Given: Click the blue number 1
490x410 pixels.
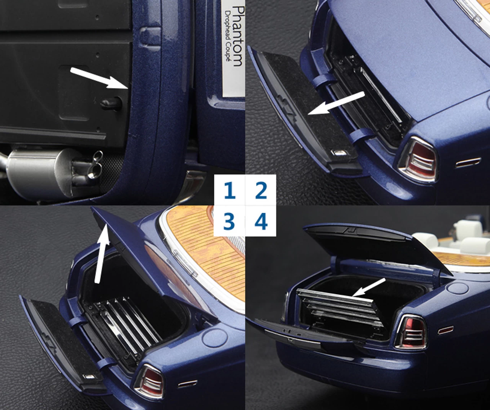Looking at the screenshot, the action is tap(230, 190).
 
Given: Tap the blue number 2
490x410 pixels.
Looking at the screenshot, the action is tap(261, 190).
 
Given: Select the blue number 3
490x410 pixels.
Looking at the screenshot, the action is tap(229, 221).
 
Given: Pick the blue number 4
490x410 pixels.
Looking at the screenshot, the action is tap(261, 221).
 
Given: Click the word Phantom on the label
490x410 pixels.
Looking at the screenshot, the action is tap(238, 36).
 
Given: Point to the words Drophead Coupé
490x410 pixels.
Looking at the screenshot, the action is tap(228, 36).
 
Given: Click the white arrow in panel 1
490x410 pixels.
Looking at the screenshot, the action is tap(99, 78).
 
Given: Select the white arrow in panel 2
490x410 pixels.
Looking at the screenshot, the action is tap(336, 103).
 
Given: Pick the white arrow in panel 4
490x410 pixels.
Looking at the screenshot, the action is tap(369, 287).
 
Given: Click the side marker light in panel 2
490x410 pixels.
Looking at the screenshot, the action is tap(468, 163).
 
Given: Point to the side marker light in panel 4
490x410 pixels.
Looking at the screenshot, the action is tap(446, 330).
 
